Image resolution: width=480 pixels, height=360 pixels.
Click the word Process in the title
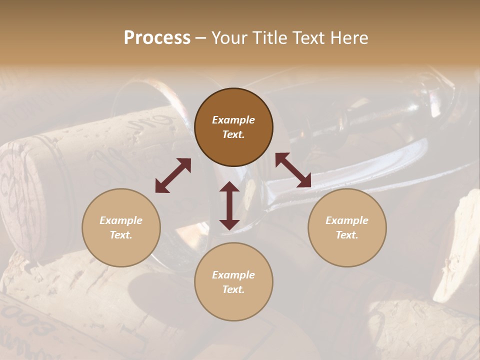[157, 38]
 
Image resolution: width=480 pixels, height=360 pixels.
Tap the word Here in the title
[349, 38]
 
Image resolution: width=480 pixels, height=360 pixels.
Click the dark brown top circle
[233, 127]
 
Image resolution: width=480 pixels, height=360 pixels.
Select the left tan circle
[121, 227]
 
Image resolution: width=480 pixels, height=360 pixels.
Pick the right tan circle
[347, 227]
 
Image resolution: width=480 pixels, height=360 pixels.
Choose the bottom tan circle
[233, 282]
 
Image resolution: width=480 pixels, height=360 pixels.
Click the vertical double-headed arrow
[229, 205]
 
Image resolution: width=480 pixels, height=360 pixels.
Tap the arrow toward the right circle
[293, 170]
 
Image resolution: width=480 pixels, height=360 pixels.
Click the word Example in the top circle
[233, 120]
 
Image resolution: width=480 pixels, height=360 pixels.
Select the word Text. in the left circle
[121, 235]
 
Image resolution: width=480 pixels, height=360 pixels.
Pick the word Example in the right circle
[347, 220]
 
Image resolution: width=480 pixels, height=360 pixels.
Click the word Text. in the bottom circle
[233, 289]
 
